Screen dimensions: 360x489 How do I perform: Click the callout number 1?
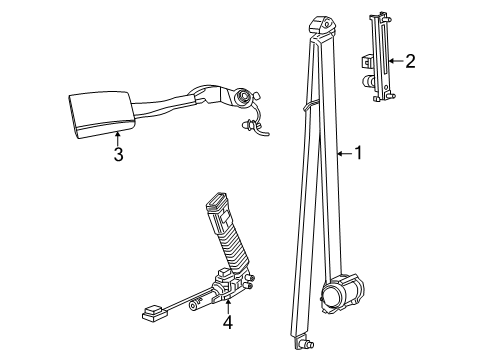coord(357,153)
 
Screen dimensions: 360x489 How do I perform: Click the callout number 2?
coord(409,62)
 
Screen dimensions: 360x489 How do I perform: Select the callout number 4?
coord(228,322)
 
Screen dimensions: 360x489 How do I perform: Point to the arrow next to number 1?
coord(342,153)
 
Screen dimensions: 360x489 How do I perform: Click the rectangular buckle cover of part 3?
coord(96,111)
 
